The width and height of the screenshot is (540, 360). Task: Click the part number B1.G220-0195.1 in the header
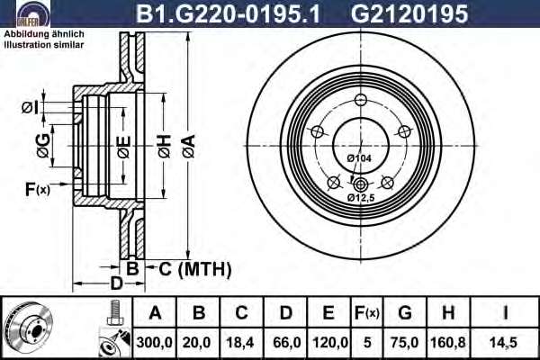click(229, 13)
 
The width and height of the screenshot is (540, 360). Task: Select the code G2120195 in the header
click(409, 13)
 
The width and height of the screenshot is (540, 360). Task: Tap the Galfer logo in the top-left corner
click(33, 13)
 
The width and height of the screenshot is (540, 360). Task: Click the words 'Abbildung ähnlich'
click(44, 34)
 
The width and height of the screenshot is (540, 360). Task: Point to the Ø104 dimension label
click(359, 158)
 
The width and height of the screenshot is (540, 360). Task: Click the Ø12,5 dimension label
click(361, 198)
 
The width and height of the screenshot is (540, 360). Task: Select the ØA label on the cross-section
click(189, 146)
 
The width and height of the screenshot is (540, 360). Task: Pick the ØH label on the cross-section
click(165, 146)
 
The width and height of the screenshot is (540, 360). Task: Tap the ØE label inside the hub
click(124, 147)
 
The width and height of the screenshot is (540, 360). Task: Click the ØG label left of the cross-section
click(43, 146)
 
